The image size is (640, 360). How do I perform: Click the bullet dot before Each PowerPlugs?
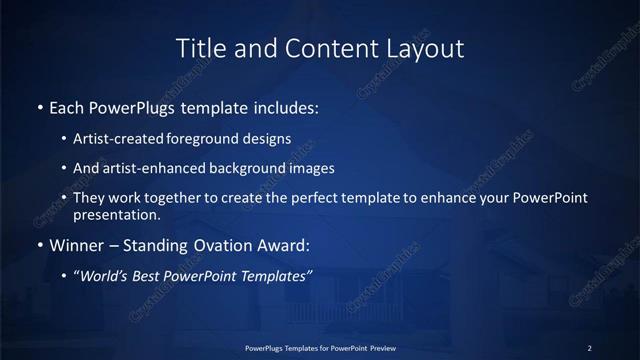[x=39, y=106]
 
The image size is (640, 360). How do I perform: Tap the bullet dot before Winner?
[x=39, y=244]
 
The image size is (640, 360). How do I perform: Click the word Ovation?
[x=219, y=244]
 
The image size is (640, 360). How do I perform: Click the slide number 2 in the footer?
[x=590, y=347]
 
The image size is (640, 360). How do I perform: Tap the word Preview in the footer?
[x=390, y=347]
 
